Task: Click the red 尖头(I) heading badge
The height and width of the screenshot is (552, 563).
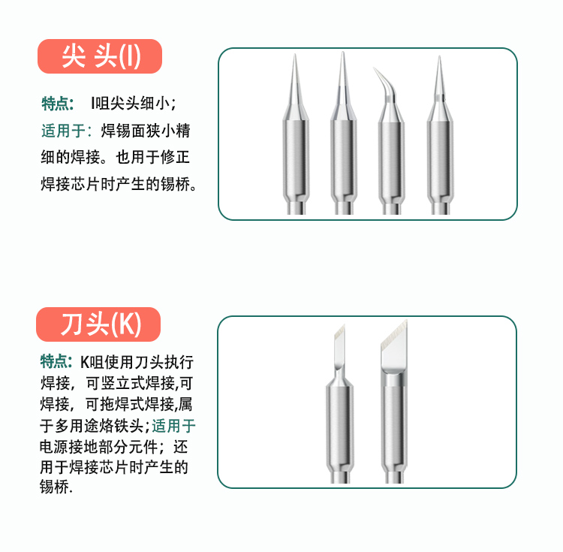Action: (x=100, y=56)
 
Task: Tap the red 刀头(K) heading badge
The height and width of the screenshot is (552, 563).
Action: (x=98, y=324)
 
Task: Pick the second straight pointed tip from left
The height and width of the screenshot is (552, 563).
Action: (x=344, y=134)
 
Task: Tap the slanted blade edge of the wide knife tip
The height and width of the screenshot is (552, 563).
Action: (x=394, y=336)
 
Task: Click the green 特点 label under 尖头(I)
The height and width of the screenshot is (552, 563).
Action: (x=57, y=104)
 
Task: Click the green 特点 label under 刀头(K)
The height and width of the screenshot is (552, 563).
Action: (x=56, y=361)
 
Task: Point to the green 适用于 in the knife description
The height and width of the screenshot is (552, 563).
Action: (x=174, y=426)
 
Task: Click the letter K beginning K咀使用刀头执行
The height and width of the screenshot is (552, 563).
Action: (x=84, y=362)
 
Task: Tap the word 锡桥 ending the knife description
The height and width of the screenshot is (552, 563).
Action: (x=54, y=487)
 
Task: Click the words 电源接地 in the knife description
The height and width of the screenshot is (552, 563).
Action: (x=69, y=447)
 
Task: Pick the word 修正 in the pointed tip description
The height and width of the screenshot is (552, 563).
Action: (x=175, y=157)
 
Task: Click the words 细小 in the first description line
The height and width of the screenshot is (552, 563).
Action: (x=155, y=104)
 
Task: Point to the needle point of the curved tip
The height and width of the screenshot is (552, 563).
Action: (x=374, y=68)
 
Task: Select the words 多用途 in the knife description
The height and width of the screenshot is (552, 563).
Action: (x=77, y=426)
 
